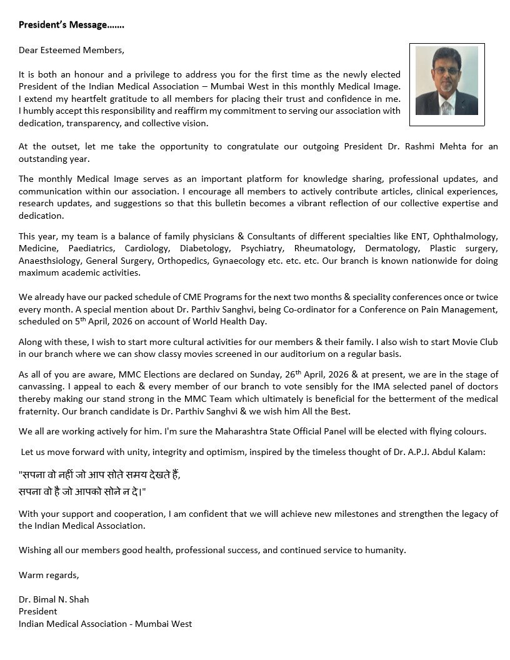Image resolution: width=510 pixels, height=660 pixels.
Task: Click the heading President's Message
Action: pyautogui.click(x=71, y=25)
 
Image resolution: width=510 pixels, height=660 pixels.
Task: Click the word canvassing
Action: pyautogui.click(x=42, y=386)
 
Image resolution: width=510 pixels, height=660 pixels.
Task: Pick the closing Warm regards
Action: pyautogui.click(x=49, y=575)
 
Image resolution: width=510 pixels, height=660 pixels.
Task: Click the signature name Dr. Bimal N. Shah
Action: pyautogui.click(x=54, y=599)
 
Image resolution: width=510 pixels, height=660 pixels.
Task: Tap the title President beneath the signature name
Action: pyautogui.click(x=37, y=611)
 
